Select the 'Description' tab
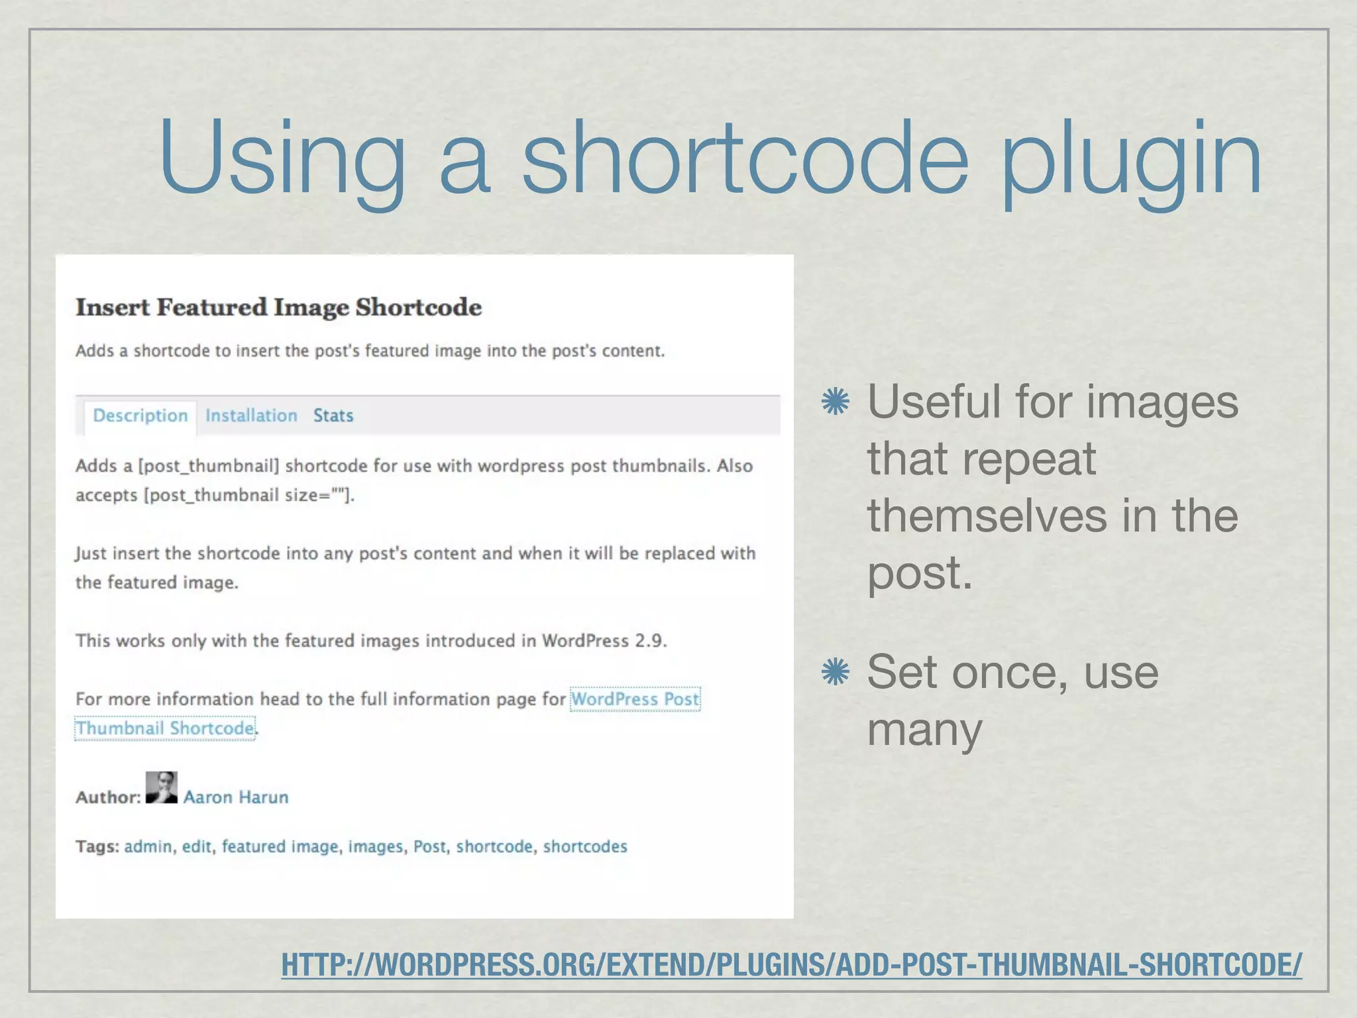click(x=140, y=416)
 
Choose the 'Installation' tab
click(x=251, y=416)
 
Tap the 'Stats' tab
click(x=333, y=416)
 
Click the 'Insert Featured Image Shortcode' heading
click(x=278, y=308)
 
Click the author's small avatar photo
click(x=162, y=787)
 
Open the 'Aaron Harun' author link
click(x=236, y=797)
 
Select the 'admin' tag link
click(x=148, y=846)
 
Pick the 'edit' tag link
click(x=197, y=846)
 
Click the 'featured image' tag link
click(x=280, y=846)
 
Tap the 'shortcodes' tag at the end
click(x=585, y=846)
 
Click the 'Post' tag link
click(x=429, y=846)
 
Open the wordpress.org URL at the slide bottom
click(x=791, y=964)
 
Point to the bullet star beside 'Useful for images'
click(x=835, y=402)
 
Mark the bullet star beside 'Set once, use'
click(x=835, y=672)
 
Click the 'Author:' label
click(x=108, y=797)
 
